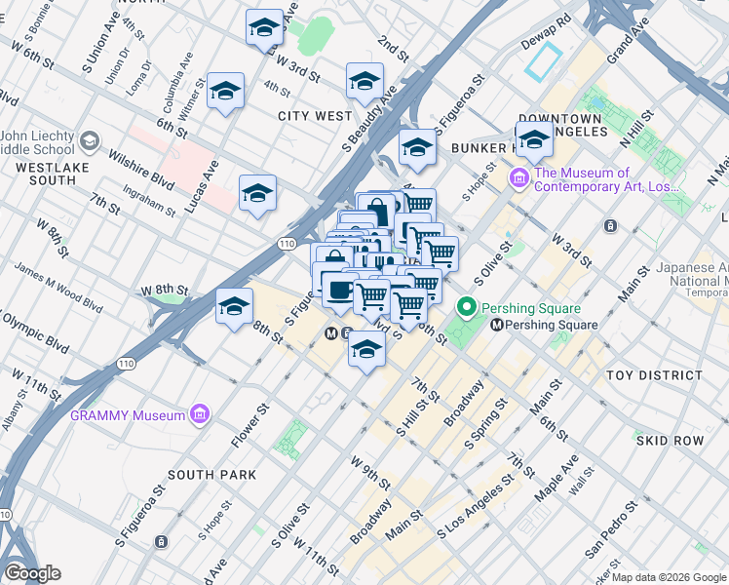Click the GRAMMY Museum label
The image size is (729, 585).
(x=127, y=415)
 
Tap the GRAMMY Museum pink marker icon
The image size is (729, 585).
(x=201, y=415)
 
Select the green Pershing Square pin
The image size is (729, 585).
(x=466, y=309)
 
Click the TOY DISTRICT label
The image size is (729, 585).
(x=653, y=375)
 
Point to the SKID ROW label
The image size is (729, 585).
(x=670, y=441)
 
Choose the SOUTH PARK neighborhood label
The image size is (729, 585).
(x=211, y=475)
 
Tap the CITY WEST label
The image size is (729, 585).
(x=315, y=116)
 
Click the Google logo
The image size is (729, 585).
(x=31, y=573)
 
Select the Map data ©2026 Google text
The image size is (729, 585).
(x=669, y=577)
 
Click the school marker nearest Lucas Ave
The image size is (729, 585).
(x=257, y=192)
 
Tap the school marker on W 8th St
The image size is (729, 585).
(x=234, y=306)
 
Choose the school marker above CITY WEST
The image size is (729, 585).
(x=364, y=80)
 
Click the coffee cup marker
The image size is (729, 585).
(x=339, y=290)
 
